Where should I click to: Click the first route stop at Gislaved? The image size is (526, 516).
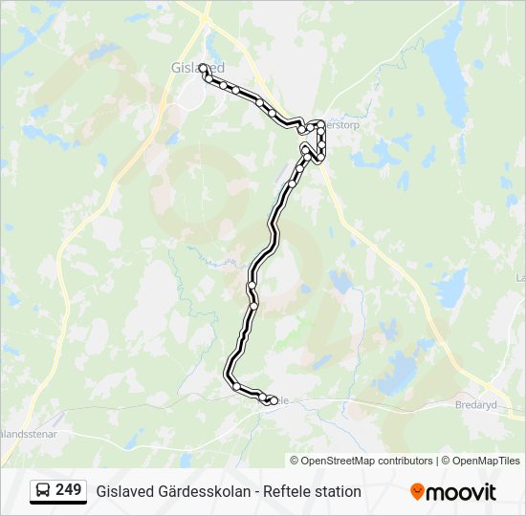point(203,67)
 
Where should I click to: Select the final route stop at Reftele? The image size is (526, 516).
point(273,401)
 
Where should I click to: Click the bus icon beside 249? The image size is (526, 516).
point(43,490)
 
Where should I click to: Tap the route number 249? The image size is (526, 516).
point(68,490)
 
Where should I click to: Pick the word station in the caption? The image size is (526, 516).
point(336,491)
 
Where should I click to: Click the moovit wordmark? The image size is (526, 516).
point(461,491)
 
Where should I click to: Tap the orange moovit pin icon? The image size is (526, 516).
point(417,491)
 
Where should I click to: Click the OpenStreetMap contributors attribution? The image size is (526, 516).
point(367,461)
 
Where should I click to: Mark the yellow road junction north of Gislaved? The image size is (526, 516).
point(206,16)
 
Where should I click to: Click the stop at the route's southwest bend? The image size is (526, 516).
point(235,386)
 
